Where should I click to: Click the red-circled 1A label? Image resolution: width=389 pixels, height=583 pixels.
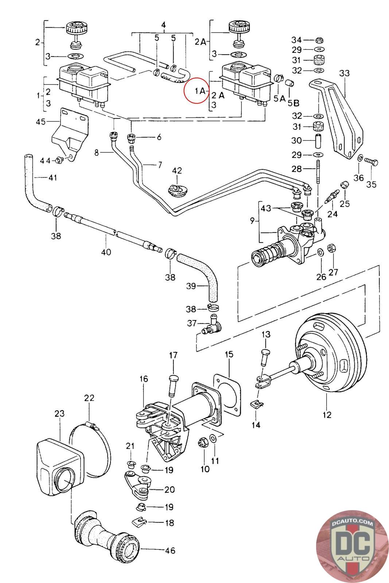(x=199, y=90)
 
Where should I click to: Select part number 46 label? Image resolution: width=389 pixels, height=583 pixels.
(x=170, y=550)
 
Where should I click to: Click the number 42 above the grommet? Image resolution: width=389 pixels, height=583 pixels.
(x=177, y=171)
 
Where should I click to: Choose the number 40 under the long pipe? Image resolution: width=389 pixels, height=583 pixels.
(x=106, y=252)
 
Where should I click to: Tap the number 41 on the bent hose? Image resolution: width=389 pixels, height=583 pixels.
(x=53, y=178)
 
